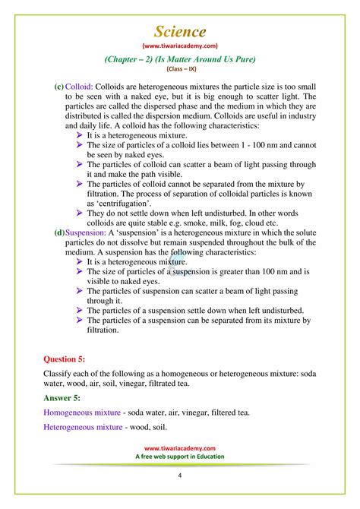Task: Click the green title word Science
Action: [x=180, y=31]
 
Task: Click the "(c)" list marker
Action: [x=58, y=87]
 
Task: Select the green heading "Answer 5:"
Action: [x=66, y=397]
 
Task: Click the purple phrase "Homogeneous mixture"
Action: [x=82, y=413]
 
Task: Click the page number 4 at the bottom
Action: [x=180, y=476]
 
